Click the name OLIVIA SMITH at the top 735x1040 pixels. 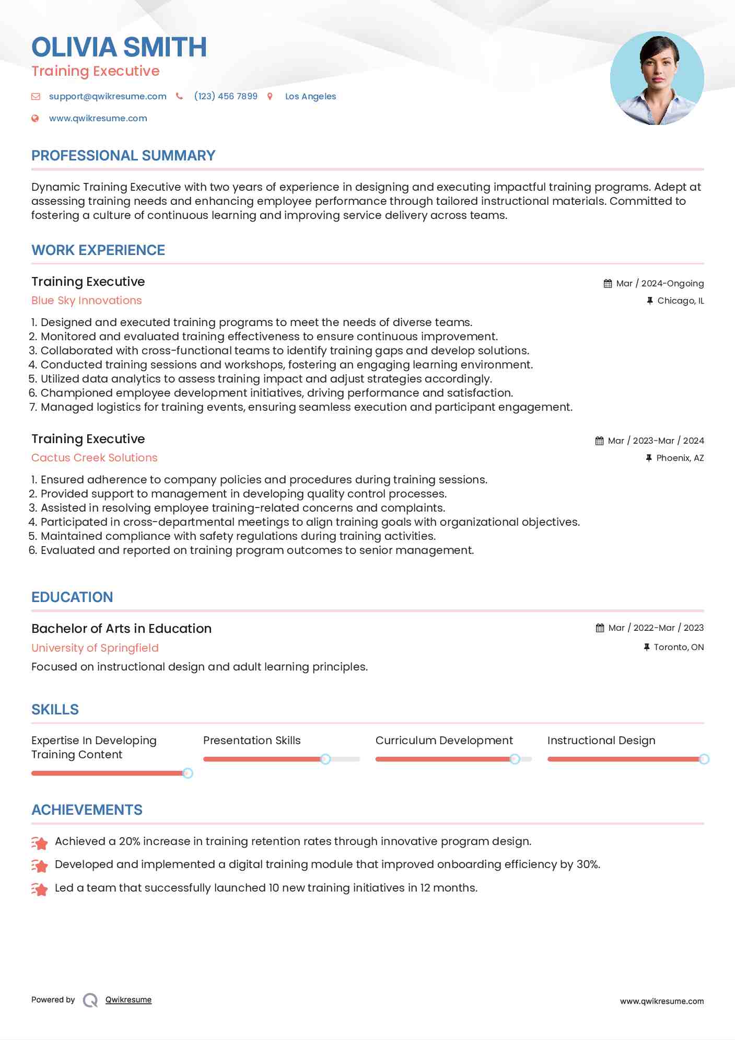pos(119,47)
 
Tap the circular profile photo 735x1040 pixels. pos(657,78)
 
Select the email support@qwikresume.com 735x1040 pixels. pos(108,97)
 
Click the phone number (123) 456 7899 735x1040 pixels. pos(226,97)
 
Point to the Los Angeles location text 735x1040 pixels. pos(310,97)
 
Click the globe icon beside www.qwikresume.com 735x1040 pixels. pos(36,119)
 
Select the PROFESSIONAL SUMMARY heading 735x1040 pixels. pos(123,156)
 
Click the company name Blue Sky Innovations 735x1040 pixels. pos(87,301)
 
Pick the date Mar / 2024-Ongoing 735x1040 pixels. pos(660,284)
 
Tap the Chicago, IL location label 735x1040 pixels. pos(680,301)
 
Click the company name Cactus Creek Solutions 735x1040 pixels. pos(95,458)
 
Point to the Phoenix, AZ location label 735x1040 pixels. pos(680,458)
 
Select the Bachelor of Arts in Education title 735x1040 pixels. pos(122,629)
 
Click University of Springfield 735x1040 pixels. pos(95,648)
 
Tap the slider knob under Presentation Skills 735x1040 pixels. pos(325,759)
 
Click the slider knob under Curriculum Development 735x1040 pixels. pos(515,759)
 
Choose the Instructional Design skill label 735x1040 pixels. pos(601,741)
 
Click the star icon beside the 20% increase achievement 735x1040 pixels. pos(40,842)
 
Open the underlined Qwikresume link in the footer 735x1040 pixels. pos(129,1000)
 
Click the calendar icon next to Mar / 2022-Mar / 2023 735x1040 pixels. pos(600,628)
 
